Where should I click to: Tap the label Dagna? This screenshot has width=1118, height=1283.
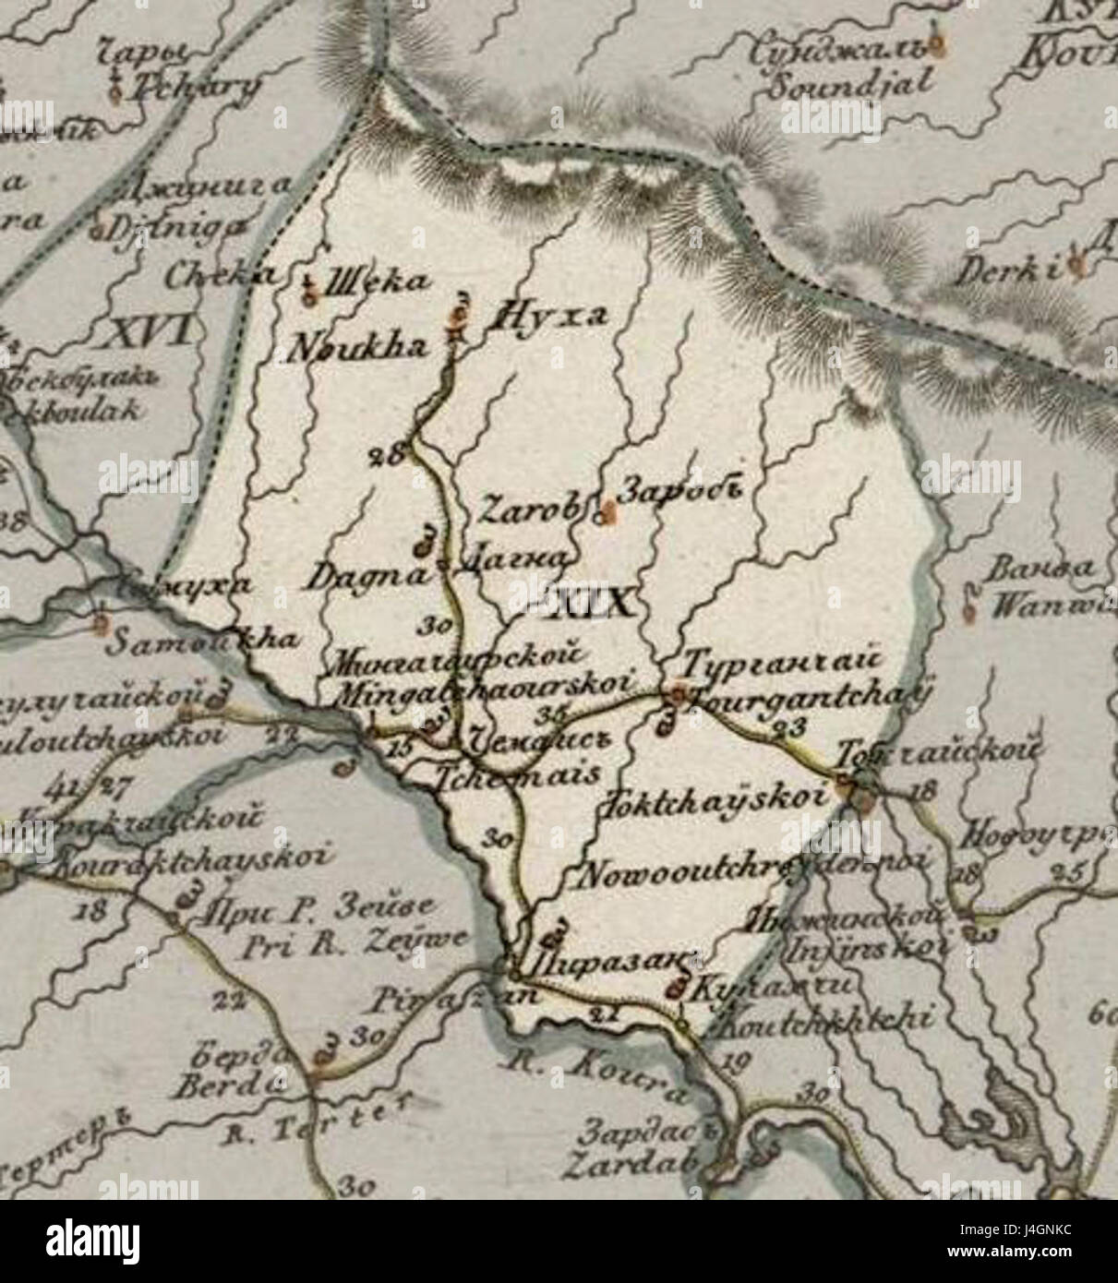(368, 578)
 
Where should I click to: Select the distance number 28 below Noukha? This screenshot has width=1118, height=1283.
(389, 453)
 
